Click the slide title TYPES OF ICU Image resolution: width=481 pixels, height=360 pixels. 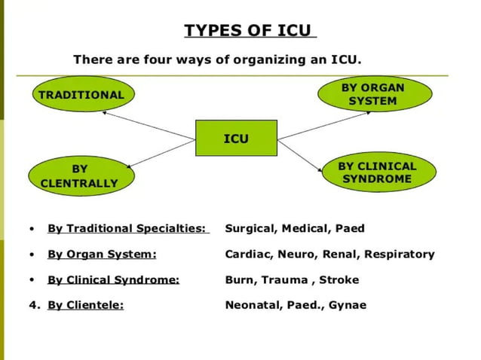coord(250,31)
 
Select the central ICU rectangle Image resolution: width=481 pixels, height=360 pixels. coord(236,139)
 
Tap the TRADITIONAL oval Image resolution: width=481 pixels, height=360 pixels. coord(81,95)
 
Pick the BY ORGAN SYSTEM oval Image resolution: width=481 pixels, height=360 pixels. coord(375,94)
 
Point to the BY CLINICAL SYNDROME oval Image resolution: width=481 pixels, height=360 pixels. coord(376,172)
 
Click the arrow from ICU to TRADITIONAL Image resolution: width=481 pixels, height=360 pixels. coord(148,125)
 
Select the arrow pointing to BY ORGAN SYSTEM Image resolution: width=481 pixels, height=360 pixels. coord(324,126)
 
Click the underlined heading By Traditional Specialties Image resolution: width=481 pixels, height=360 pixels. coord(127,228)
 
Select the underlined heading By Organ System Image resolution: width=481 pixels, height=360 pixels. coord(102,254)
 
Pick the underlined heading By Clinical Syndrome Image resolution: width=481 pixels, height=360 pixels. coord(113,279)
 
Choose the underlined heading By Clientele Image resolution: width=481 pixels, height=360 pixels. coord(85,305)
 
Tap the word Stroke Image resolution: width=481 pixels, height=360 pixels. coord(339,279)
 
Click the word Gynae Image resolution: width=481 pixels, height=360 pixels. coord(348,305)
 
